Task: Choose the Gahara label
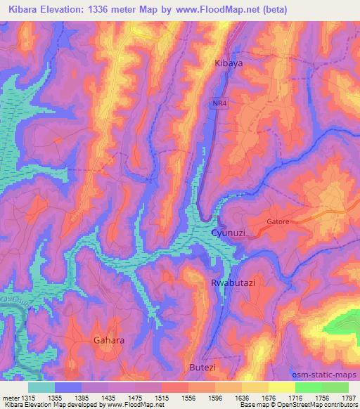[109, 340]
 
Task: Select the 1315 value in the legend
[22, 398]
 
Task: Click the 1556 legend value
[177, 398]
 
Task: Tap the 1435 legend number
[96, 398]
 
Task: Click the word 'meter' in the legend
[8, 398]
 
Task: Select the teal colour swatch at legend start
[41, 387]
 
